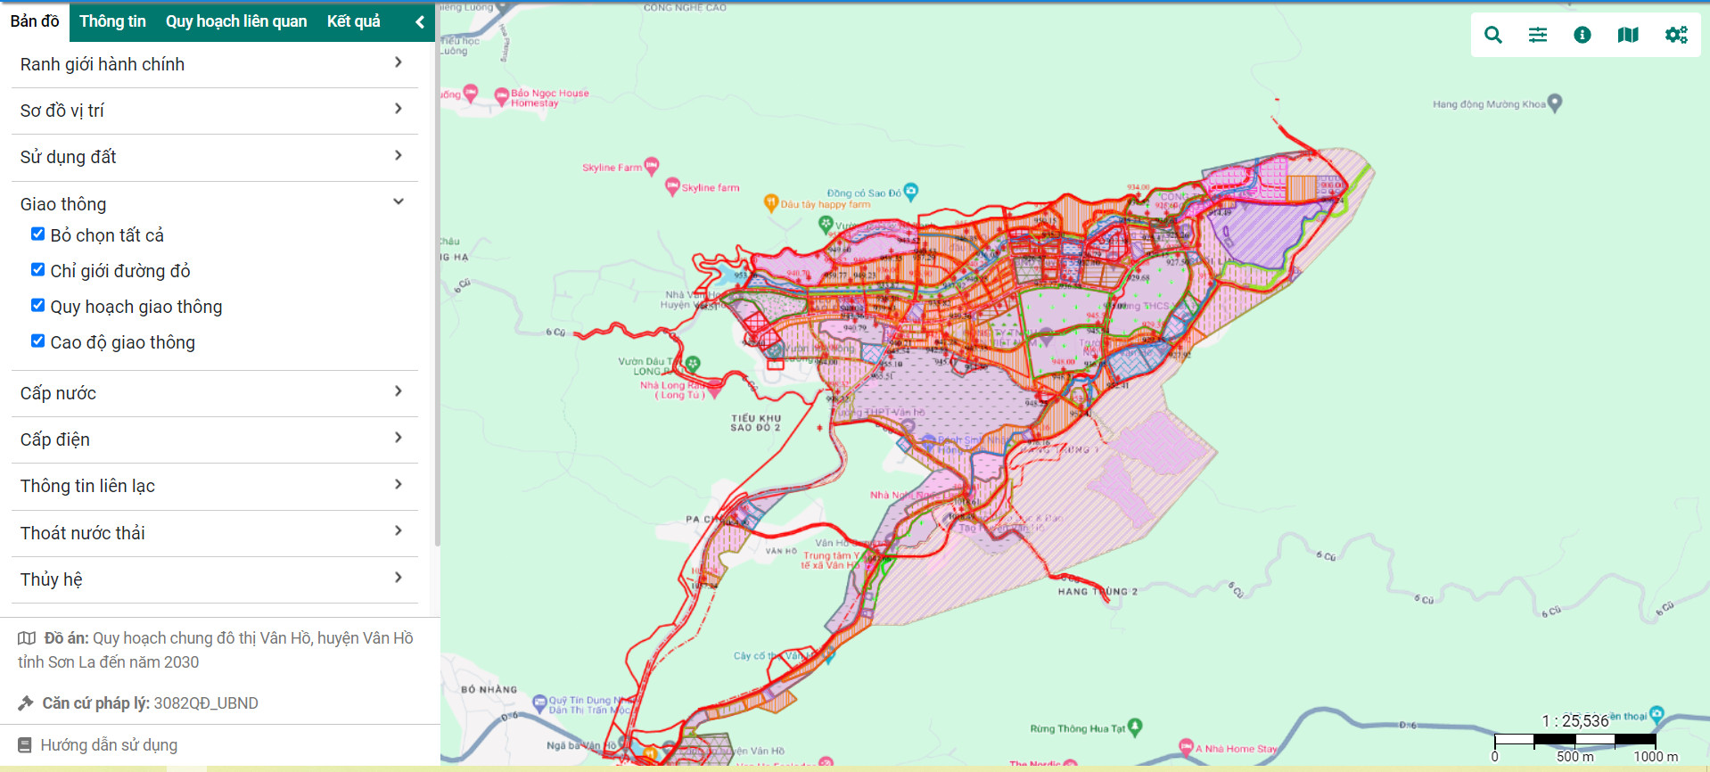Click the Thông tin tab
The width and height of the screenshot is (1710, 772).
[x=112, y=21]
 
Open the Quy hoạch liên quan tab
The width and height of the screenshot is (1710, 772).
[x=236, y=21]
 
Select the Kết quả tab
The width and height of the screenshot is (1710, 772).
[x=353, y=21]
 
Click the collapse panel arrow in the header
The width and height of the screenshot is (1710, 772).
[x=420, y=22]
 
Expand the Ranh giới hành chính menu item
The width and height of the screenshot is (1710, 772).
[x=214, y=64]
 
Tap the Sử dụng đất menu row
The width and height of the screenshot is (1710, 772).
[x=214, y=157]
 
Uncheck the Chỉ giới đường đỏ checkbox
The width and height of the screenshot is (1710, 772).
[x=37, y=270]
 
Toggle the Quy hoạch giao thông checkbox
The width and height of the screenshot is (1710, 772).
[x=37, y=306]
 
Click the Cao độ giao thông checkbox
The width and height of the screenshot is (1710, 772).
[x=37, y=341]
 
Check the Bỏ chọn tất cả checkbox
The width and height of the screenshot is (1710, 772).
[x=37, y=234]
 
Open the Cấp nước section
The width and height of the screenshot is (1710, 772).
[x=214, y=393]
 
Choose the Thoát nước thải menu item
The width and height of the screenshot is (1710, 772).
[x=214, y=533]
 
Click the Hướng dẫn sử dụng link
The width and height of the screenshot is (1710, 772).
[x=109, y=745]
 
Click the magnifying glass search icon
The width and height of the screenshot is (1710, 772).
[x=1493, y=35]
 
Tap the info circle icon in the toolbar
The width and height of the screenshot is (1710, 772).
[x=1583, y=35]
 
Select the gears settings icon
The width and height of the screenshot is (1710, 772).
[x=1676, y=35]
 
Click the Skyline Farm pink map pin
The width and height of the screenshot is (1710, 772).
[x=652, y=165]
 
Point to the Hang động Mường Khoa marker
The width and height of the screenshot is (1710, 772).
[x=1555, y=103]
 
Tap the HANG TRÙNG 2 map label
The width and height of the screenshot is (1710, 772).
[x=1098, y=591]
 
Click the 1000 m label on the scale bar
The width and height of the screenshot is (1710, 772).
[x=1656, y=757]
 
